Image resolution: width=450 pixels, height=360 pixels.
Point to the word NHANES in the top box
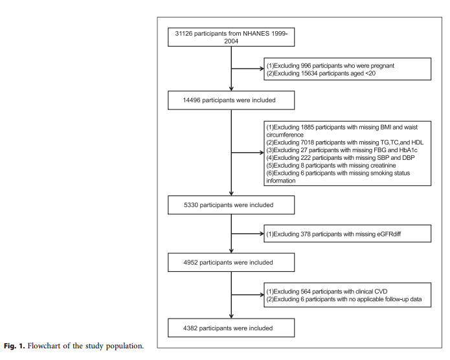pyautogui.click(x=254, y=33)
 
